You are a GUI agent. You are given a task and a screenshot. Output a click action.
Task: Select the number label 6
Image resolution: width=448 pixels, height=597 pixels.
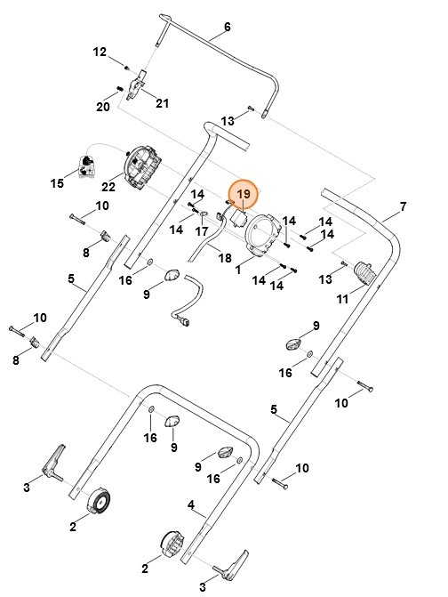coord(227,28)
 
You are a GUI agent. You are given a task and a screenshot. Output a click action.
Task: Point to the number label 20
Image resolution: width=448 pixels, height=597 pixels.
coord(102,107)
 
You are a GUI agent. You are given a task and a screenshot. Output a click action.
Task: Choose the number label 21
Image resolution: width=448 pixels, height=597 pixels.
coord(162,103)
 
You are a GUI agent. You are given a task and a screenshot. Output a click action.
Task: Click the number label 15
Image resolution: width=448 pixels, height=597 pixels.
coord(57,184)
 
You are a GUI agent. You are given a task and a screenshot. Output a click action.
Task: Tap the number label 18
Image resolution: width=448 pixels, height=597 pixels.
coord(225,257)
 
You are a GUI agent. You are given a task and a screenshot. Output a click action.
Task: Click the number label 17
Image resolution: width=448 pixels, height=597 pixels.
coord(202,231)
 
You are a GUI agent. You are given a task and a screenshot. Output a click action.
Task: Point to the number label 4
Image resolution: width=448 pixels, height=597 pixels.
coord(191,504)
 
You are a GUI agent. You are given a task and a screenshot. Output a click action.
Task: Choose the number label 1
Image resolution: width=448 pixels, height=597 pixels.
coord(238,267)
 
